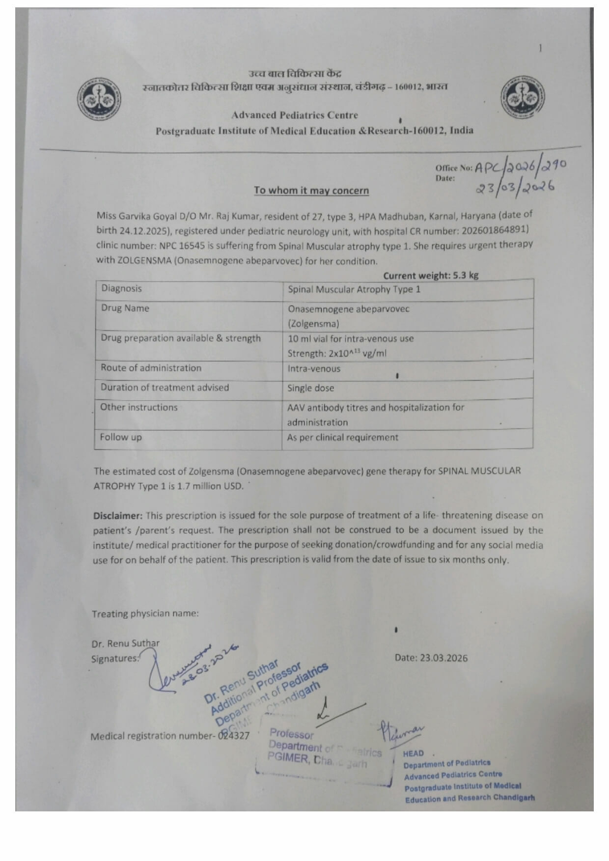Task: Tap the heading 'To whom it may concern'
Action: (311, 191)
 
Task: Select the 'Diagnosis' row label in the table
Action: (121, 289)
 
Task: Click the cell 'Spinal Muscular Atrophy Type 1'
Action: (354, 289)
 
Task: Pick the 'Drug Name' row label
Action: (125, 308)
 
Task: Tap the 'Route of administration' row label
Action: (151, 368)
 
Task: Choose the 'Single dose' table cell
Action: (310, 388)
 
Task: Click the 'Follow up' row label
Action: (120, 437)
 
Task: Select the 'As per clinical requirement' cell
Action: (342, 438)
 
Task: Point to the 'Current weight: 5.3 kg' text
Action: (430, 276)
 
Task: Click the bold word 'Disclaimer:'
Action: (118, 516)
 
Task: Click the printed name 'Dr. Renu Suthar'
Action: (125, 643)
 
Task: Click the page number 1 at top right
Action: (540, 48)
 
